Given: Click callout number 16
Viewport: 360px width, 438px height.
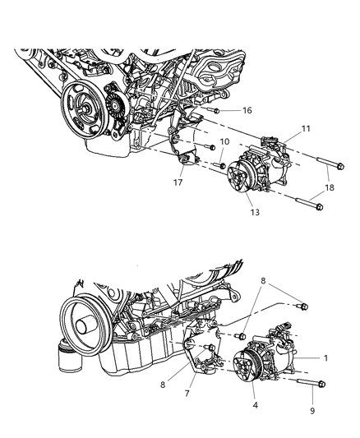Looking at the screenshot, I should pos(247,109).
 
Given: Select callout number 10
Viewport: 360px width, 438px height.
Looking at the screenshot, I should pos(224,142).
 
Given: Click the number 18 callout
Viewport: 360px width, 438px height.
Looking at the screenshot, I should pos(330,188).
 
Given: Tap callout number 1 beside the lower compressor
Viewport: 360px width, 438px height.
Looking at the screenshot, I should pos(325,358).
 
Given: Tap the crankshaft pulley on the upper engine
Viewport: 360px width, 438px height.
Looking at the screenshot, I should pos(86,109).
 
